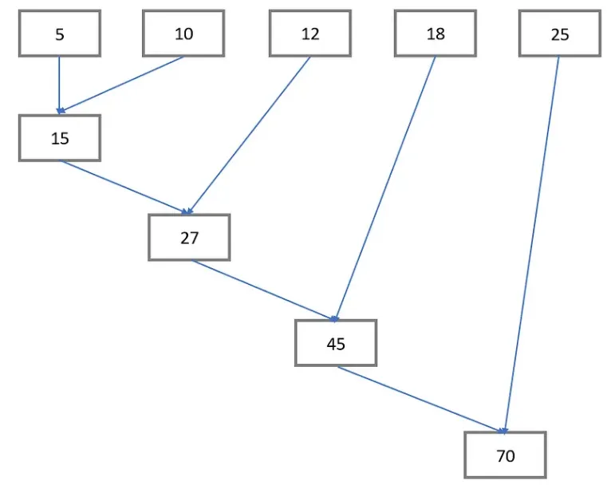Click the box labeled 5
[x=60, y=34]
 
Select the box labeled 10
[x=183, y=34]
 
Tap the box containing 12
[x=309, y=34]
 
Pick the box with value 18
[x=435, y=34]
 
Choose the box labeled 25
[x=559, y=34]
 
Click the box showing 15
[x=60, y=138]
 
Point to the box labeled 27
[x=189, y=237]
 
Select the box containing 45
[x=335, y=343]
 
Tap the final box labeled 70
[x=506, y=455]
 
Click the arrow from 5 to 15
[x=59, y=85]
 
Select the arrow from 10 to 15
[x=121, y=85]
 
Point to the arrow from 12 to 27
[x=248, y=136]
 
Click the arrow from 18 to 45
[x=386, y=188]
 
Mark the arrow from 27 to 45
[x=263, y=290]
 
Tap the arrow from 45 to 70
[x=420, y=400]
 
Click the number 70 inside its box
[x=506, y=455]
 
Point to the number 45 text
[x=335, y=343]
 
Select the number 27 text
[x=189, y=237]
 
